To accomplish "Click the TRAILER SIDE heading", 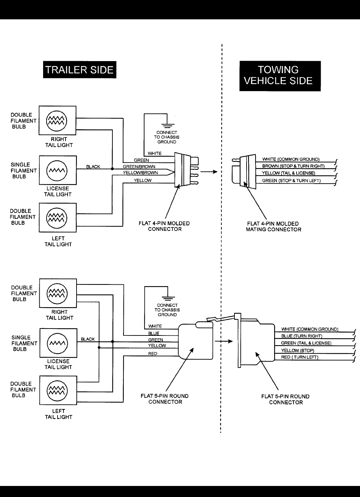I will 79,70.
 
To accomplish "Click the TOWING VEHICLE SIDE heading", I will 280,76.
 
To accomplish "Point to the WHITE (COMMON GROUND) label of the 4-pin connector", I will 291,159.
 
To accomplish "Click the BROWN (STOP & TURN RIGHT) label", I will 293,166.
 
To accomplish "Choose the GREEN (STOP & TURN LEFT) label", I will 291,181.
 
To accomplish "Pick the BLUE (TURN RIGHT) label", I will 301,336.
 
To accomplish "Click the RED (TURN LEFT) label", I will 299,357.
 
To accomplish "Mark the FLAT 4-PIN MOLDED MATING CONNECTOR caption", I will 273,226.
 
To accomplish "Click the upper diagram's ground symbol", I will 167,125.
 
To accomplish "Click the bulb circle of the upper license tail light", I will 57,170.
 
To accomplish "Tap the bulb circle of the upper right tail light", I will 57,120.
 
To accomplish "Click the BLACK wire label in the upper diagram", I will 93,166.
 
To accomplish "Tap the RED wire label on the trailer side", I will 152,353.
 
